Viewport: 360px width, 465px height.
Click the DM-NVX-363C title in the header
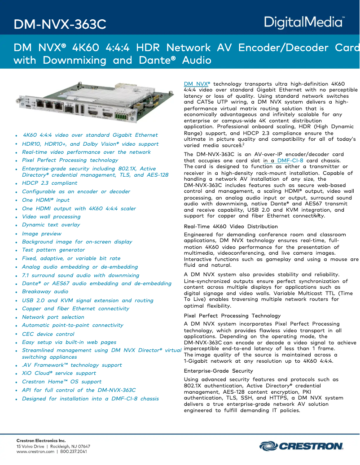click(x=60, y=24)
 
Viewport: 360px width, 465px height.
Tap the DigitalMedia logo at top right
click(x=304, y=22)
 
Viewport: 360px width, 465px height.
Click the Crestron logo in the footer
click(x=301, y=446)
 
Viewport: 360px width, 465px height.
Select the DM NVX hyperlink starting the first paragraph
click(x=197, y=84)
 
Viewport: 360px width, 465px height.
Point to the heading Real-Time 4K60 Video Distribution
click(x=231, y=226)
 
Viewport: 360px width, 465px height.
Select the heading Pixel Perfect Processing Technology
click(x=232, y=316)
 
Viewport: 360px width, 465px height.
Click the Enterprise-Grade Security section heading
click(x=219, y=371)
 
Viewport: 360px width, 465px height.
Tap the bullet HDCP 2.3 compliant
click(x=49, y=183)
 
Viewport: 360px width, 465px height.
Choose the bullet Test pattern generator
click(x=53, y=250)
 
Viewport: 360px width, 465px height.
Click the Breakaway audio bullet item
click(x=45, y=291)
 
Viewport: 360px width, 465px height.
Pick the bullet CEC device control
click(x=48, y=334)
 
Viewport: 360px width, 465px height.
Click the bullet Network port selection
click(x=53, y=317)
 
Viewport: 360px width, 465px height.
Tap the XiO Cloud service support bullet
click(x=59, y=373)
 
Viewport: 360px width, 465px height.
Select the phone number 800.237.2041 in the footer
click(x=73, y=452)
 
